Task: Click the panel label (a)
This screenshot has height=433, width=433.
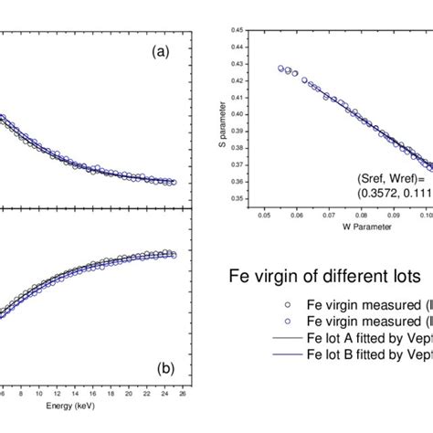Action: (x=161, y=53)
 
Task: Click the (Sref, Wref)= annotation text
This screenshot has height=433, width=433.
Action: (x=385, y=180)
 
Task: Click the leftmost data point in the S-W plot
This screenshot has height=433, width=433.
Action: (x=280, y=68)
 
